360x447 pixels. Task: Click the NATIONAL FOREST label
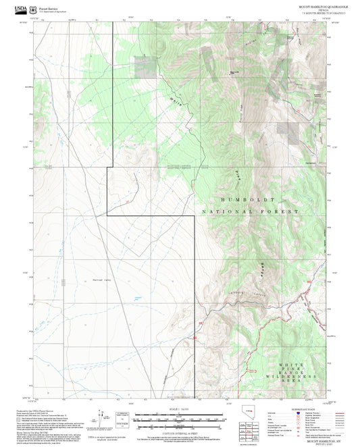[x=250, y=212]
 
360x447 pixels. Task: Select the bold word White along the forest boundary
[x=176, y=103]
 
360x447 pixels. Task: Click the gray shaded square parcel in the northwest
[x=144, y=65]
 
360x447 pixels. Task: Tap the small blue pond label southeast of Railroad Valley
[x=137, y=298]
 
